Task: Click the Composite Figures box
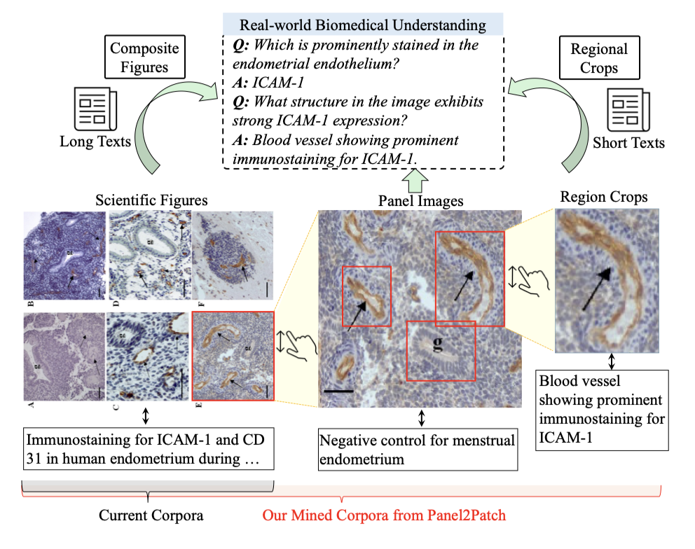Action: (145, 58)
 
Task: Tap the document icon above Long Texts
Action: (94, 109)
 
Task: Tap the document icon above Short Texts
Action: (628, 109)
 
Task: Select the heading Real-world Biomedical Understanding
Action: (363, 25)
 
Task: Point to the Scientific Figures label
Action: (151, 201)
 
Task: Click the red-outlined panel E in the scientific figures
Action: (233, 357)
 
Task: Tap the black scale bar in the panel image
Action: (340, 387)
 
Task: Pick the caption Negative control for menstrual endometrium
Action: (418, 450)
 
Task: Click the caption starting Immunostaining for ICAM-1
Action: (147, 450)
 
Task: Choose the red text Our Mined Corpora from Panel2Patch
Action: (384, 516)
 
